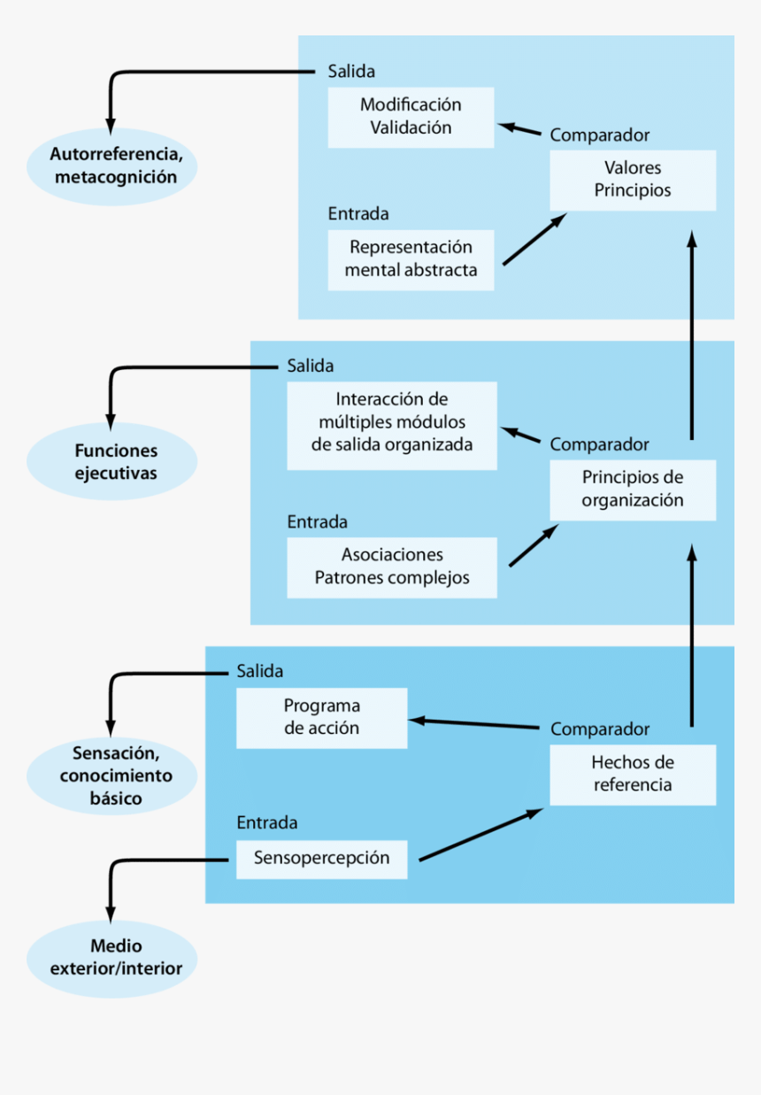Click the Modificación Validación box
pos(411,117)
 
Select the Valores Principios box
pos(633,180)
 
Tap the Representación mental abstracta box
pos(411,259)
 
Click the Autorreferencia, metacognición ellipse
pos(111,166)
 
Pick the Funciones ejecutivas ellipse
pos(111,461)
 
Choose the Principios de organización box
pos(633,490)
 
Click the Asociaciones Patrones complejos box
pos(392,567)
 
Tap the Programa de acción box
pos(322,718)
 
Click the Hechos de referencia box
pos(633,775)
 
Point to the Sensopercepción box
pos(322,859)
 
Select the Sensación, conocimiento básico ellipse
pos(111,776)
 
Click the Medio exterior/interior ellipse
pos(111,959)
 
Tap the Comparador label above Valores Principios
pos(599,135)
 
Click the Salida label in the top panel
pos(351,72)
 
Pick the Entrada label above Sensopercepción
pos(266,823)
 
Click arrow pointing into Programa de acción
pos(473,724)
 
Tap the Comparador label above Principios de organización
pos(599,445)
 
